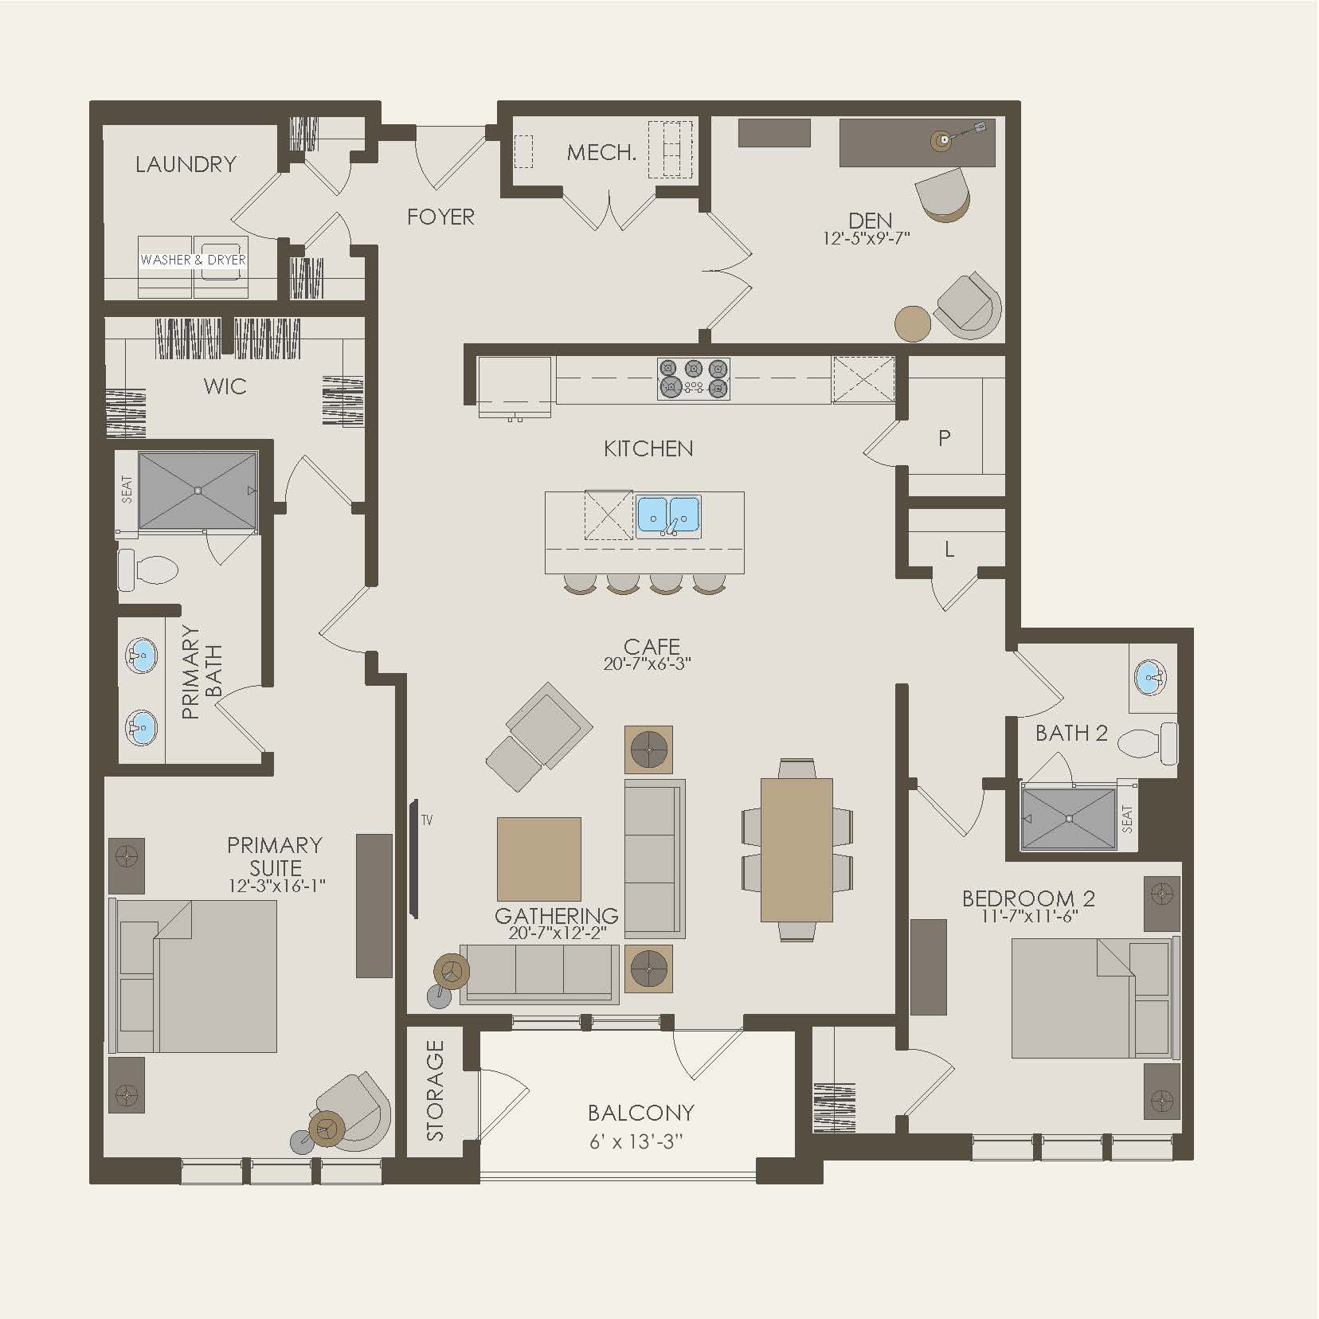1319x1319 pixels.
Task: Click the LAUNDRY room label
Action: pos(186,164)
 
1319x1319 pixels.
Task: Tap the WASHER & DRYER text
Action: pos(193,260)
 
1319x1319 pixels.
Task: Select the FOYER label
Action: pos(440,217)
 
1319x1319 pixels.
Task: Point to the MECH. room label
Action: pos(601,153)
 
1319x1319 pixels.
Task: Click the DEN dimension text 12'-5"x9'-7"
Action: pos(867,237)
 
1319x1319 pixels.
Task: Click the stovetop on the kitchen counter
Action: pos(693,378)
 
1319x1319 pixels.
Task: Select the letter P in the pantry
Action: pos(945,438)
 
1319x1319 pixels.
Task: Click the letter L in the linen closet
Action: pos(949,550)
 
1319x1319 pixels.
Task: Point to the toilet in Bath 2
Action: pos(1147,743)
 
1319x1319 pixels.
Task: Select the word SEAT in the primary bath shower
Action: pos(126,489)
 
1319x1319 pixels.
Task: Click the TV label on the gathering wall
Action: pos(427,820)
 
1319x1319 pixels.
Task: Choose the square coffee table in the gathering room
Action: pos(538,859)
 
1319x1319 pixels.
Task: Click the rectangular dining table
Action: pos(796,849)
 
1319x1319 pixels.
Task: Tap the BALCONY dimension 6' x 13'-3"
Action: pos(636,1141)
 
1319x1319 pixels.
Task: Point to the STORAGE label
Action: pos(435,1090)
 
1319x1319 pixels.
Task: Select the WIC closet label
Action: pos(225,387)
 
